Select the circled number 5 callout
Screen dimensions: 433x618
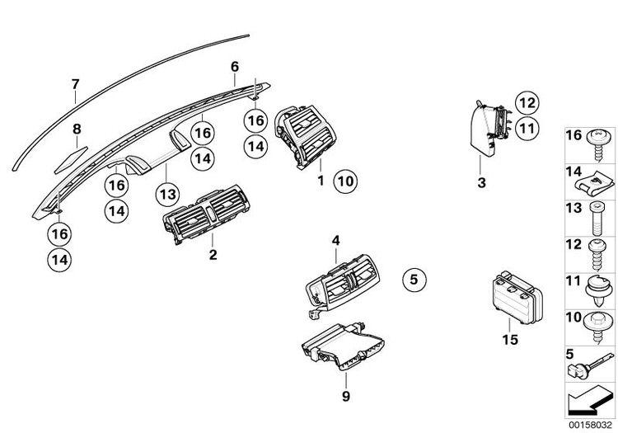click(414, 280)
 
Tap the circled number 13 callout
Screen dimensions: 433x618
click(167, 193)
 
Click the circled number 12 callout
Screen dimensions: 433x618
click(526, 103)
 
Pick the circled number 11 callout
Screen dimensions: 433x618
click(526, 128)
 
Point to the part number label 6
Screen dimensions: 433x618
click(234, 65)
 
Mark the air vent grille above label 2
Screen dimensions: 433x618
click(201, 217)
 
